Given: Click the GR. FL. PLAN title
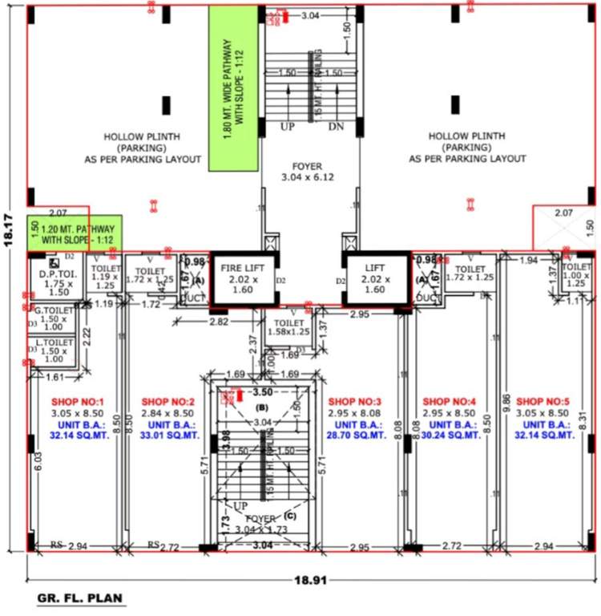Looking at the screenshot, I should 80,598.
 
